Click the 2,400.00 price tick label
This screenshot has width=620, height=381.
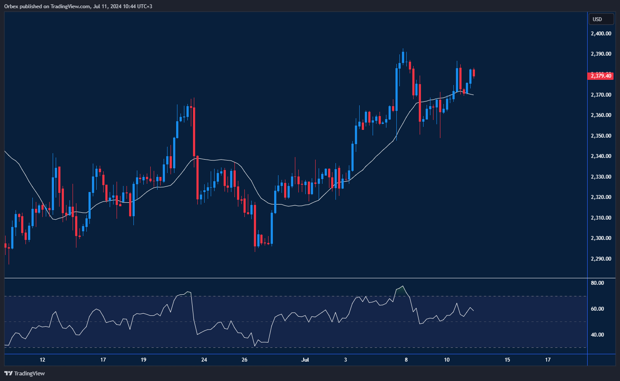(x=601, y=34)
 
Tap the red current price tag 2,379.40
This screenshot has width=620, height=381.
(x=601, y=76)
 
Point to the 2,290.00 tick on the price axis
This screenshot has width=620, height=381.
(x=601, y=259)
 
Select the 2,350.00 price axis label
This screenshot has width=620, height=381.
(x=601, y=136)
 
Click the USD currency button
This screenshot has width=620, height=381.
(x=601, y=19)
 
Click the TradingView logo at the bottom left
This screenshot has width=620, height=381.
(x=25, y=373)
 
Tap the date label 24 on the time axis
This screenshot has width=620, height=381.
(x=204, y=360)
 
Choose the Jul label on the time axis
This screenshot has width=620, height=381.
(x=305, y=360)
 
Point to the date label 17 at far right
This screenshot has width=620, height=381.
(x=548, y=360)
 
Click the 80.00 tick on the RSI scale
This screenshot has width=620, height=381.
(x=597, y=283)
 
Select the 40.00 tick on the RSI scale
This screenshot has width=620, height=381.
(x=597, y=335)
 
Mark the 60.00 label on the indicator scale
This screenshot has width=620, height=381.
(x=597, y=309)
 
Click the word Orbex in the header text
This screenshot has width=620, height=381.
(x=12, y=6)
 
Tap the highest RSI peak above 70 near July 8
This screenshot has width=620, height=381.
(x=403, y=286)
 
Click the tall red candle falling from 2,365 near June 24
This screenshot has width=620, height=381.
(x=194, y=132)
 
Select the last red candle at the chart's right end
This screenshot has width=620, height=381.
(x=474, y=73)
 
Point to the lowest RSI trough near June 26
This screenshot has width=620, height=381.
(x=255, y=346)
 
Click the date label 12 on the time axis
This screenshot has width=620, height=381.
(x=42, y=360)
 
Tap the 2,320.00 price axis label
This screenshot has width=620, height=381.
(x=601, y=197)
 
